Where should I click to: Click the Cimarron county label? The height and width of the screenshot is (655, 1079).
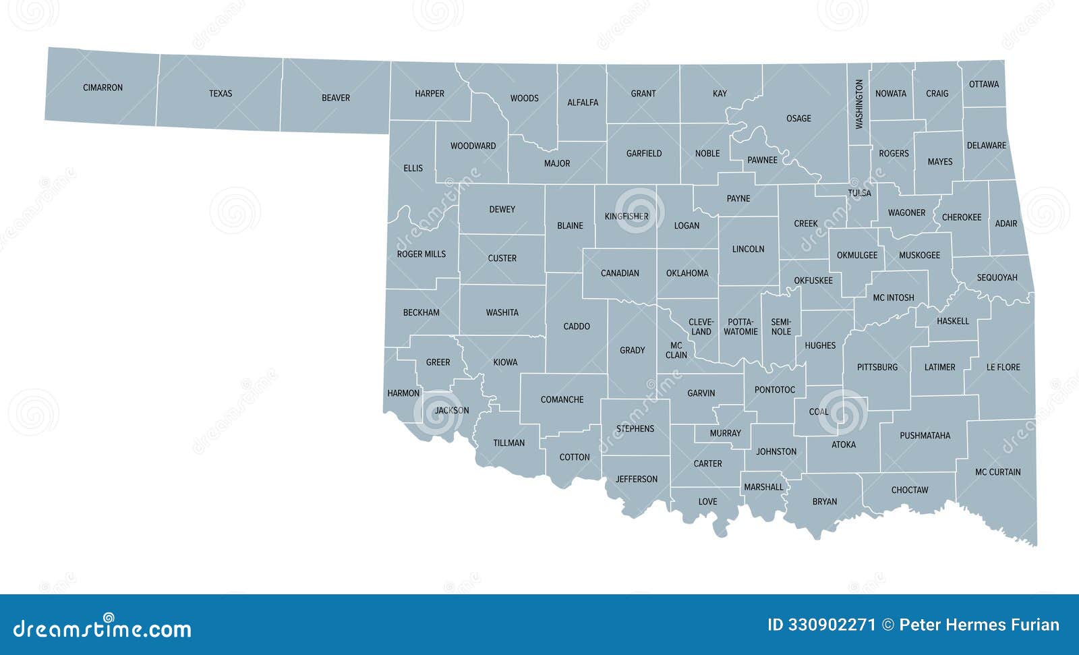click(103, 88)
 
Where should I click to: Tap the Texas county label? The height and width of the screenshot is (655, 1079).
click(221, 94)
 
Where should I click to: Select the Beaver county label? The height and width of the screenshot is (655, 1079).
click(336, 98)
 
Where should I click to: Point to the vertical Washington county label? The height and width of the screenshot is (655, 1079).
click(859, 104)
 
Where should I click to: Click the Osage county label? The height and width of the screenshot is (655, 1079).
click(798, 119)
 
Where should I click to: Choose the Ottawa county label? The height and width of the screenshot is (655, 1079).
click(984, 84)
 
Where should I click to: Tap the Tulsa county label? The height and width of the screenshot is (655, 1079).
click(859, 193)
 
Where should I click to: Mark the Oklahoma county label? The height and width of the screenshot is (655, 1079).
click(687, 273)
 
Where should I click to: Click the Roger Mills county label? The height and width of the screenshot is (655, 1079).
click(421, 254)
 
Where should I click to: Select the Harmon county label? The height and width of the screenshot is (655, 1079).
click(403, 393)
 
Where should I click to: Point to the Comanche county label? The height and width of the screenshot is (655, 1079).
click(562, 400)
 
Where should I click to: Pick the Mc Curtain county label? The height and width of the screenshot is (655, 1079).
click(997, 472)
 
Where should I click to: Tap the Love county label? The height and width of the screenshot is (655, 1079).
click(707, 502)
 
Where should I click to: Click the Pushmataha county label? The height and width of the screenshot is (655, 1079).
click(925, 436)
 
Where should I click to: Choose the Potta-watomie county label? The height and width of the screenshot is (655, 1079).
click(740, 327)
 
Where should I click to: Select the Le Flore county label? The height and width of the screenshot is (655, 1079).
click(1003, 368)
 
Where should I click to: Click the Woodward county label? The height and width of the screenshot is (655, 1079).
click(473, 146)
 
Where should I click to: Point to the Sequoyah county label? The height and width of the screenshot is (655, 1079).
click(997, 278)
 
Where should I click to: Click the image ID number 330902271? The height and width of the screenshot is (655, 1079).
click(821, 625)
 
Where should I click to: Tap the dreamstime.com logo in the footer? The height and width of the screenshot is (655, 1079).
click(103, 628)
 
